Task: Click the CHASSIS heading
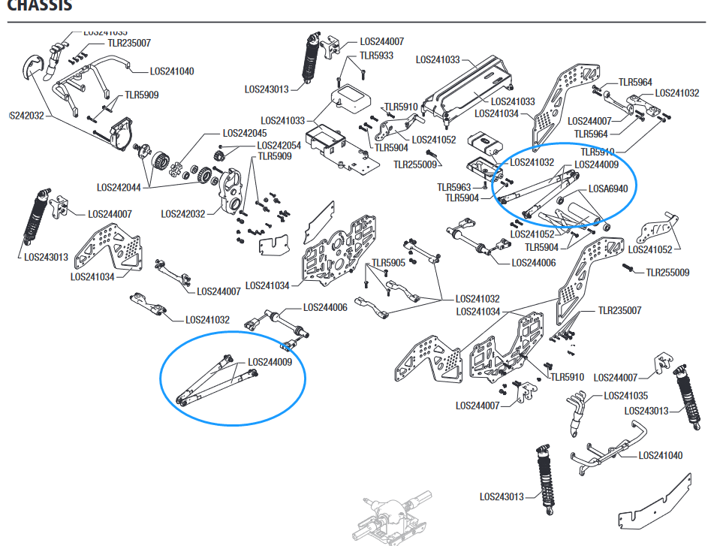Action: click(40, 6)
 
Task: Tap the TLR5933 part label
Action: click(376, 56)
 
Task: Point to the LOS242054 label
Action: click(279, 145)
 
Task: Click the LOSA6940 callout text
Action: click(607, 189)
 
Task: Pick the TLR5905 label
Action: click(388, 263)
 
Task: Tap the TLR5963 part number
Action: click(454, 187)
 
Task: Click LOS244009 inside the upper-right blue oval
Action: click(597, 164)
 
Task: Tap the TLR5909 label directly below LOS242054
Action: click(275, 156)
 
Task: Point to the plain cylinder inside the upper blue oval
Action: click(586, 207)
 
